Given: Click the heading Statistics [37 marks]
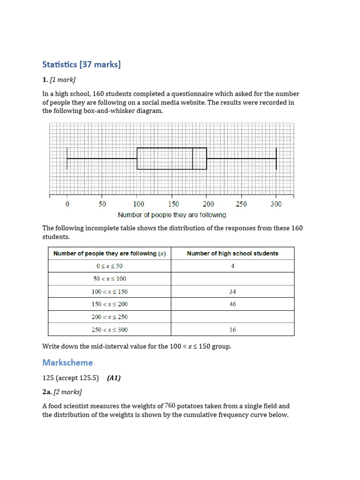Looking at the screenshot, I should click(x=82, y=65).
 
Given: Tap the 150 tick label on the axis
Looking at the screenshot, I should click(x=173, y=204).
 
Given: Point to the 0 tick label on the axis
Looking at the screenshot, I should click(x=67, y=204).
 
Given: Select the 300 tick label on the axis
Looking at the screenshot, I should click(x=276, y=204).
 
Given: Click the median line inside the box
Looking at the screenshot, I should click(x=193, y=158).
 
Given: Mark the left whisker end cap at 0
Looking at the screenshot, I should click(x=67, y=158).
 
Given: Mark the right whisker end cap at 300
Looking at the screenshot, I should click(x=276, y=158).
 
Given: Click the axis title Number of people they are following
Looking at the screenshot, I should click(x=172, y=215).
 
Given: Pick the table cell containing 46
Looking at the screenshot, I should click(x=232, y=304).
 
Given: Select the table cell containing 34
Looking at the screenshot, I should click(x=232, y=292).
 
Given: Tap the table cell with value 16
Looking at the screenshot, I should click(x=232, y=330).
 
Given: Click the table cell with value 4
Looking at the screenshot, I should click(x=232, y=266).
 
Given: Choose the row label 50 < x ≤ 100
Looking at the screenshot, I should click(x=110, y=279).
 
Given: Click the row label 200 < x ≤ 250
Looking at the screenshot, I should click(x=110, y=317).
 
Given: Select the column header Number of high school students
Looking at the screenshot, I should click(x=232, y=254).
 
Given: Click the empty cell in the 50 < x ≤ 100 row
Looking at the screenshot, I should click(x=232, y=279).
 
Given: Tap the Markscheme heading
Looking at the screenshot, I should click(x=67, y=362).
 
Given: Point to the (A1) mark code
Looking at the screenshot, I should click(x=113, y=378).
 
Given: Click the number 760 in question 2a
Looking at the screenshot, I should click(x=170, y=406).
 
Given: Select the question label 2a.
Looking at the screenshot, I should click(x=47, y=392).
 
